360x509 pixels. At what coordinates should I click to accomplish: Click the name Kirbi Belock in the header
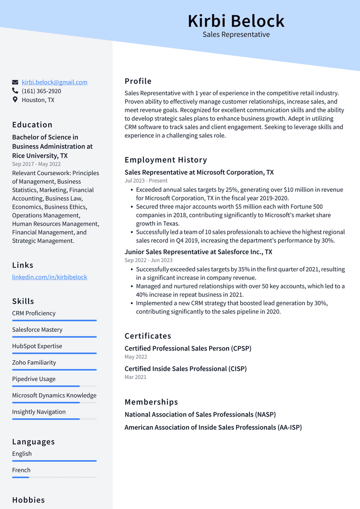click(x=236, y=21)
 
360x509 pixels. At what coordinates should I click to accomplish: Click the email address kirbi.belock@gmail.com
click(x=54, y=82)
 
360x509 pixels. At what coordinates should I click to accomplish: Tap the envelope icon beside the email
click(x=15, y=82)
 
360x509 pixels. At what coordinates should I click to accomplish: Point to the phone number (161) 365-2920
click(x=41, y=91)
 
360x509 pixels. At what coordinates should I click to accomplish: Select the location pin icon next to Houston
click(x=15, y=100)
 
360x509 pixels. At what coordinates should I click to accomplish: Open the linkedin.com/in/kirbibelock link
click(x=50, y=277)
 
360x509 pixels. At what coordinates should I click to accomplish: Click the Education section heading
click(x=32, y=125)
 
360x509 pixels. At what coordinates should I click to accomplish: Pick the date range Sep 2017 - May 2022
click(x=37, y=164)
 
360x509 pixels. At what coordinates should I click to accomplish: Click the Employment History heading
click(x=165, y=160)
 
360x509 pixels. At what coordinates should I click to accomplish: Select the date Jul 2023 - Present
click(x=146, y=180)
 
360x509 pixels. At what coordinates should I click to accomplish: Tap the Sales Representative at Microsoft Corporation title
click(x=199, y=172)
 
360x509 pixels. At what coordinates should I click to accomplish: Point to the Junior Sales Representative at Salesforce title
click(x=198, y=252)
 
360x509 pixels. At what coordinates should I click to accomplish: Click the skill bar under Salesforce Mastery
click(x=54, y=337)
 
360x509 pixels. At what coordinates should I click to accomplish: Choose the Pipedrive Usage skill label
click(x=34, y=379)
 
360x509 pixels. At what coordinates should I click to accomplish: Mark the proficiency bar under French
click(x=54, y=477)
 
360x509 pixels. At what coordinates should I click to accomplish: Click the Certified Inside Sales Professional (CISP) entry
click(x=186, y=369)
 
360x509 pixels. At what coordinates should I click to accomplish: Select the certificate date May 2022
click(x=136, y=357)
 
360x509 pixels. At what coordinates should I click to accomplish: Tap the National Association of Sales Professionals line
click(x=200, y=414)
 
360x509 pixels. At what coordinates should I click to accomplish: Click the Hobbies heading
click(x=29, y=500)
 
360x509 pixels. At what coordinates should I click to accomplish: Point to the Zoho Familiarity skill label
click(x=34, y=362)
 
